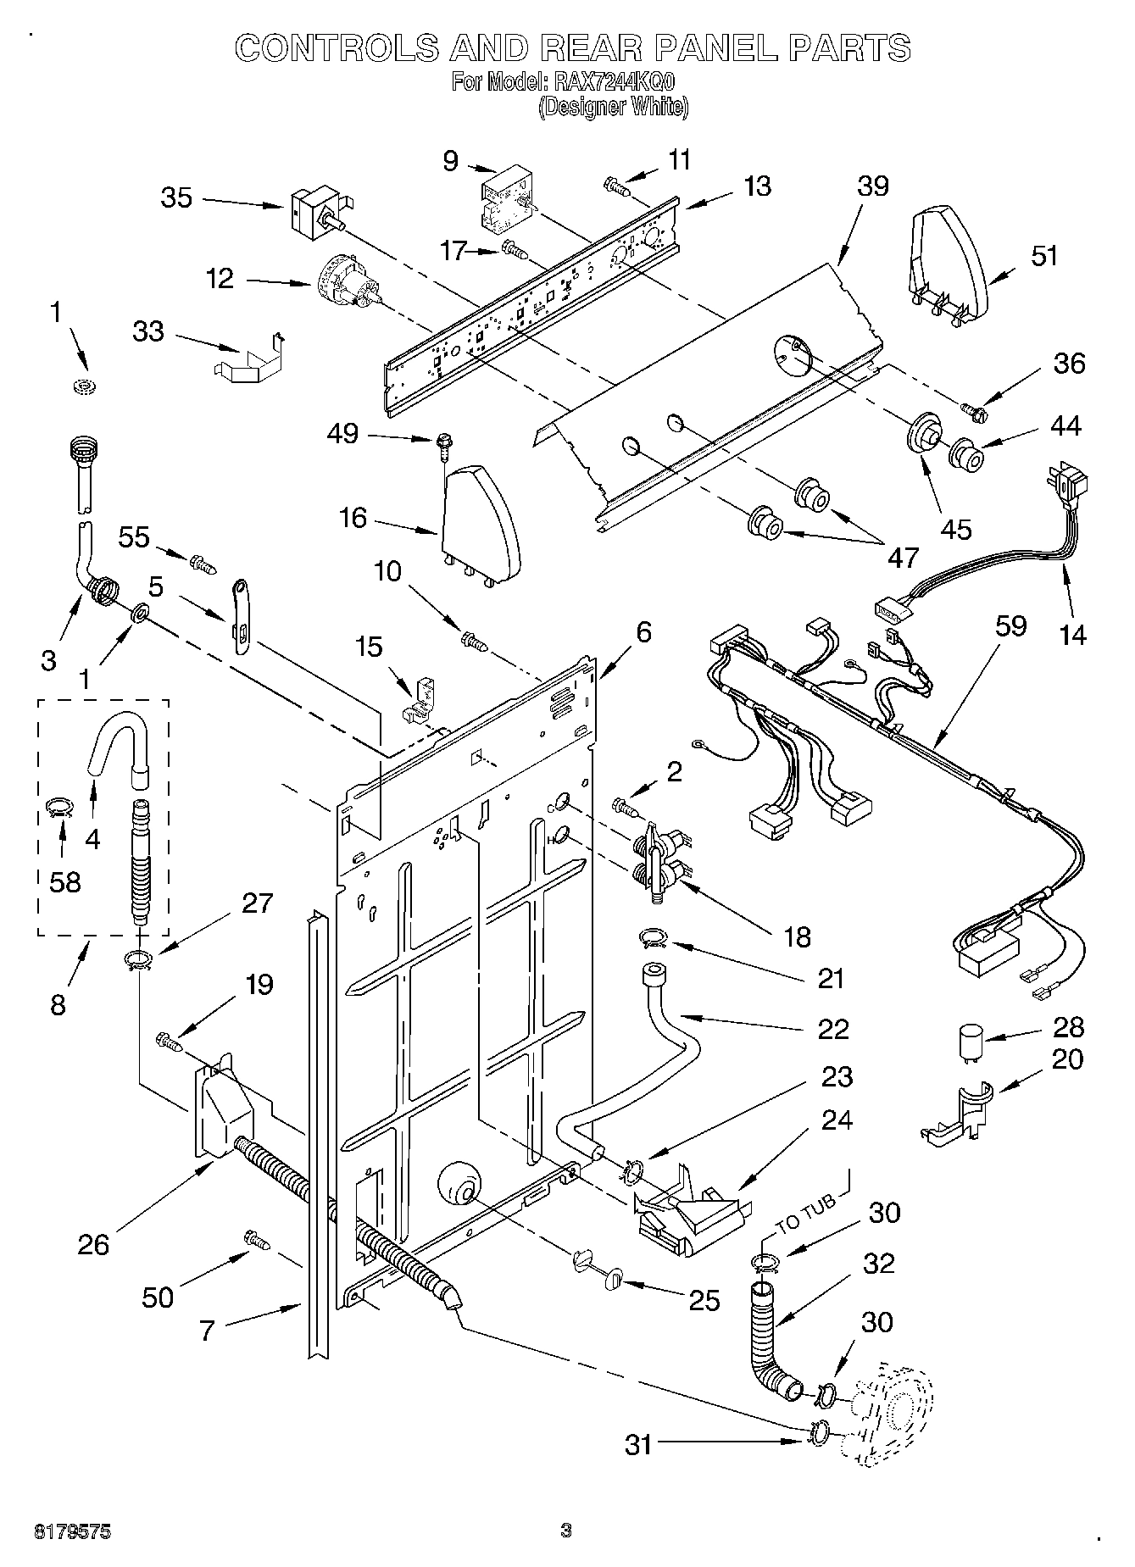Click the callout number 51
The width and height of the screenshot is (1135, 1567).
[x=1044, y=255]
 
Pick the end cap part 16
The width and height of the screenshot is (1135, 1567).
[x=480, y=523]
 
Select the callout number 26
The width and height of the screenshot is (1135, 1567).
[x=93, y=1244]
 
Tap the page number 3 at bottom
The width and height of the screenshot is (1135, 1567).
[x=566, y=1530]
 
